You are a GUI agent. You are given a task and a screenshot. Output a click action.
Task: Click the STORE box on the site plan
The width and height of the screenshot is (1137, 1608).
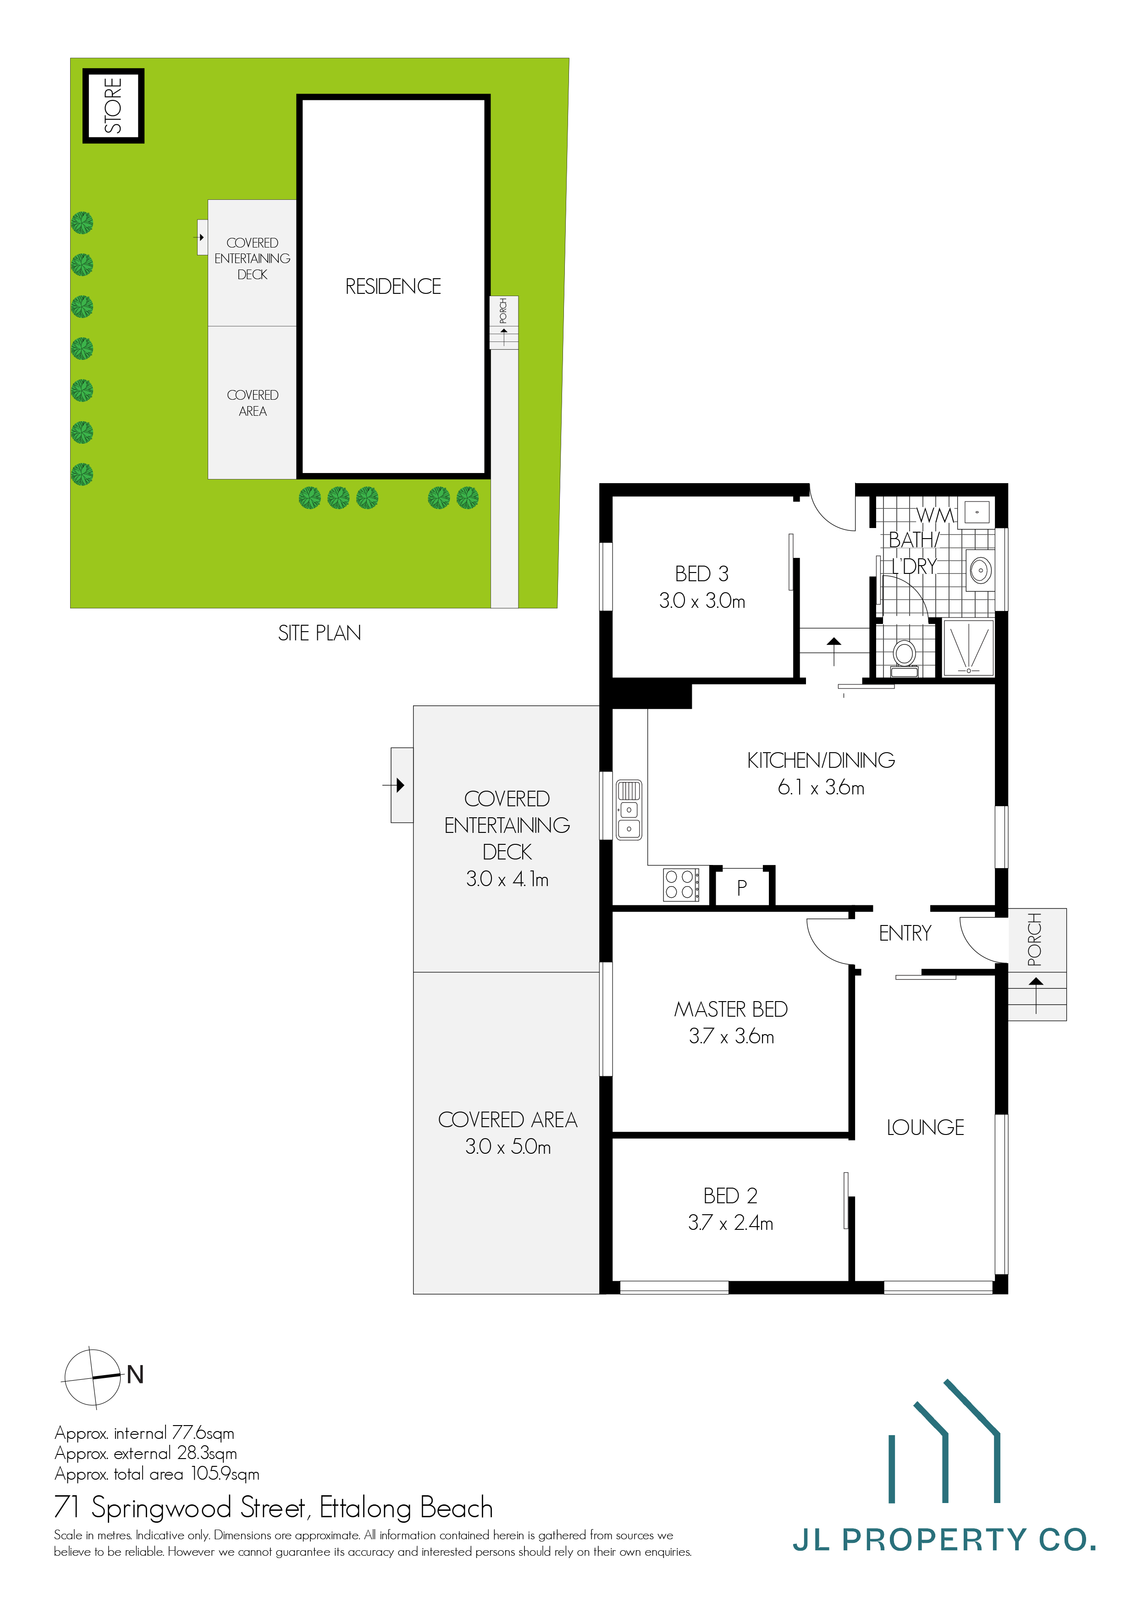click(113, 106)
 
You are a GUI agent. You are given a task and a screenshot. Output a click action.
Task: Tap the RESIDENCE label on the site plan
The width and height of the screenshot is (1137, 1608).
click(392, 286)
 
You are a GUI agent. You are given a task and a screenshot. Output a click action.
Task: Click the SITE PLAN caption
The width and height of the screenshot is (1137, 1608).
click(320, 633)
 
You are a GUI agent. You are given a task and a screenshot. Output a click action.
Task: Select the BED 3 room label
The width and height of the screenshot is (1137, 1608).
click(701, 573)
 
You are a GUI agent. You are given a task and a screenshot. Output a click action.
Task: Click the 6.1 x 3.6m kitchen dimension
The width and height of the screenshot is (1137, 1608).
click(820, 787)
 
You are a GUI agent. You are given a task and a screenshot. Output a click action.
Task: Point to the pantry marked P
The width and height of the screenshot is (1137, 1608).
click(742, 888)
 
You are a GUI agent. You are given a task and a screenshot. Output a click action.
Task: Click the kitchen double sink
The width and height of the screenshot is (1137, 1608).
click(629, 810)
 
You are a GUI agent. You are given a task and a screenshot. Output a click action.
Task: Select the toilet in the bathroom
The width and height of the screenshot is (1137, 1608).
click(905, 655)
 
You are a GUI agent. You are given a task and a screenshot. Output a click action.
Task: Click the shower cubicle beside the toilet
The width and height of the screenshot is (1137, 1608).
click(968, 648)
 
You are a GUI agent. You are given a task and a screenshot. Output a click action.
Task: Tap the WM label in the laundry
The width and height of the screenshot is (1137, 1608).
click(935, 516)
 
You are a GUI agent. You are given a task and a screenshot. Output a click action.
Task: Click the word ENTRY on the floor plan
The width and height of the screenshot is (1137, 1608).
click(905, 934)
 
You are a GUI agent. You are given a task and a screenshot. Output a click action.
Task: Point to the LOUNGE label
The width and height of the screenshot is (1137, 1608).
click(925, 1128)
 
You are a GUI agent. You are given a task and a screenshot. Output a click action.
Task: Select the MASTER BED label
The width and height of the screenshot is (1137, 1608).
click(731, 1009)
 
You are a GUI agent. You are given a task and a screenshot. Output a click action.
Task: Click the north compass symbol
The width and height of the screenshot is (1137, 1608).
click(93, 1377)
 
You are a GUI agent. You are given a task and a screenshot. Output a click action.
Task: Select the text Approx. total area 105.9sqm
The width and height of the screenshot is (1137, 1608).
click(157, 1474)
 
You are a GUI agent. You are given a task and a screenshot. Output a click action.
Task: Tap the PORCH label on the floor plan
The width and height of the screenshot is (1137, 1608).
click(1034, 939)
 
